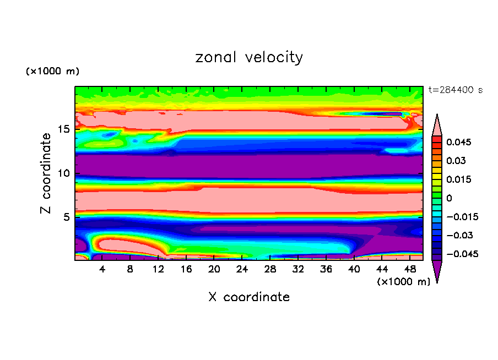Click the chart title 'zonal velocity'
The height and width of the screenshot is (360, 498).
tap(249, 57)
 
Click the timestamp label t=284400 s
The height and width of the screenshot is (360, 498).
tap(456, 90)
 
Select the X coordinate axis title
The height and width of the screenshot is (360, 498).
tap(249, 297)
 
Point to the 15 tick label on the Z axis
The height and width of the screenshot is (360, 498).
tap(64, 130)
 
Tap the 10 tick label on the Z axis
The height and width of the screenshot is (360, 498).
tap(64, 173)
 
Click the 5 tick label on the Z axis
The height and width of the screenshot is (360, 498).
tap(67, 217)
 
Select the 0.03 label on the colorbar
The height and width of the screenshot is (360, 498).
tap(456, 161)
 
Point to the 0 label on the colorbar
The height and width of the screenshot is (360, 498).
tap(449, 198)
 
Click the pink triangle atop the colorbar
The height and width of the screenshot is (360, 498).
tap(437, 124)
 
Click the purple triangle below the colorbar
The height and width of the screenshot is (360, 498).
tap(437, 271)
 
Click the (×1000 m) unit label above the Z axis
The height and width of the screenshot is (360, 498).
tap(53, 72)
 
